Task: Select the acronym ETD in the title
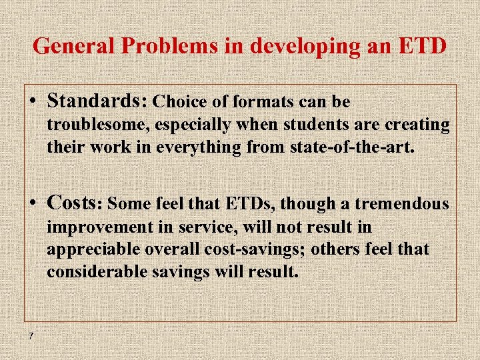(x=424, y=46)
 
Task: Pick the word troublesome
(x=93, y=125)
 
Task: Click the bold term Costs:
(x=75, y=203)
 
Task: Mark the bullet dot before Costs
(x=33, y=204)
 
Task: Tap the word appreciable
(x=93, y=249)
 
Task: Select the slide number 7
(x=31, y=335)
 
